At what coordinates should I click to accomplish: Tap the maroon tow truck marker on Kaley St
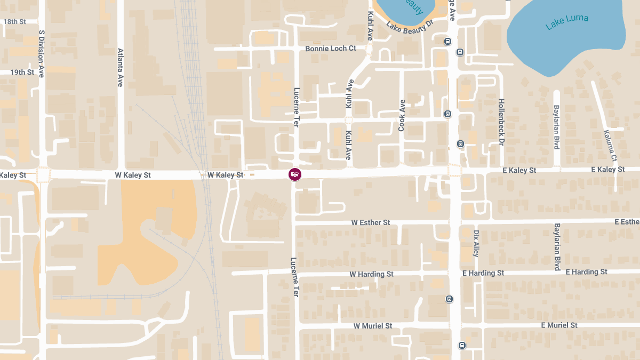click(294, 174)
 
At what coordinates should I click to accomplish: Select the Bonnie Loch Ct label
click(330, 49)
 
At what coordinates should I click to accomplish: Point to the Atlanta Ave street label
click(121, 68)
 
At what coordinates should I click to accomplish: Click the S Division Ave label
click(42, 54)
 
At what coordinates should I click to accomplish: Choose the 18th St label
click(14, 22)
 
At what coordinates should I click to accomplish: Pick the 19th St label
click(22, 72)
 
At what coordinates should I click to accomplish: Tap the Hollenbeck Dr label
click(501, 122)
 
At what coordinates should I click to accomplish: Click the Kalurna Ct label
click(610, 146)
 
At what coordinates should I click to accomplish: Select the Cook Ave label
click(402, 116)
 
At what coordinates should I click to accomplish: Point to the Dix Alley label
click(476, 243)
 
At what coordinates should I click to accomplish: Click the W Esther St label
click(371, 222)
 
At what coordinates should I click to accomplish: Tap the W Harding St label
click(371, 274)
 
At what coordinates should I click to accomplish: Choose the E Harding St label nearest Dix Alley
click(483, 273)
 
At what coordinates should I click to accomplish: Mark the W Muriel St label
click(373, 326)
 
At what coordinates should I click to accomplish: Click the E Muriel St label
click(559, 325)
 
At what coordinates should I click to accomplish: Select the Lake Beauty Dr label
click(409, 26)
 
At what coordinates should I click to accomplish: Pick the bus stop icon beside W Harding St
click(450, 299)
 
